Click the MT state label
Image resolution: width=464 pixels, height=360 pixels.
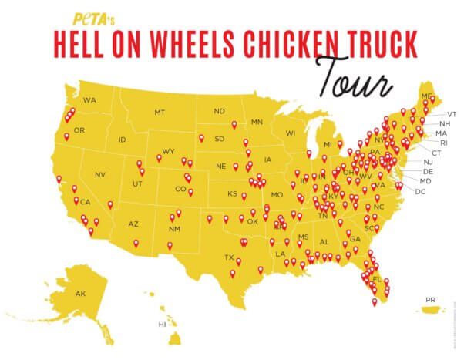pyautogui.click(x=160, y=113)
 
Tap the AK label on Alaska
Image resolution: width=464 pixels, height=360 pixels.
pyautogui.click(x=81, y=294)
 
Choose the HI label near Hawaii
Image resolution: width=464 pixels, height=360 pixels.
pyautogui.click(x=162, y=325)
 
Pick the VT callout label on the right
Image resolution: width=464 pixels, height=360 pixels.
pyautogui.click(x=441, y=114)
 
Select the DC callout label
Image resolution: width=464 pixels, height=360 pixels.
pyautogui.click(x=420, y=190)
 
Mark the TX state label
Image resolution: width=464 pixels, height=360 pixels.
pyautogui.click(x=229, y=257)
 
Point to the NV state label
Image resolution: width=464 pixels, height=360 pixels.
pyautogui.click(x=100, y=175)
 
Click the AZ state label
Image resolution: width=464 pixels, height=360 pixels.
pyautogui.click(x=133, y=224)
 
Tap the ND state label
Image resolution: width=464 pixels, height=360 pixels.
pyautogui.click(x=220, y=110)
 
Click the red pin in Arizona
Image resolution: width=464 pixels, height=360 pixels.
pyautogui.click(x=136, y=243)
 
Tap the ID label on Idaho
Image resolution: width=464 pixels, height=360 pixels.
pyautogui.click(x=123, y=140)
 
